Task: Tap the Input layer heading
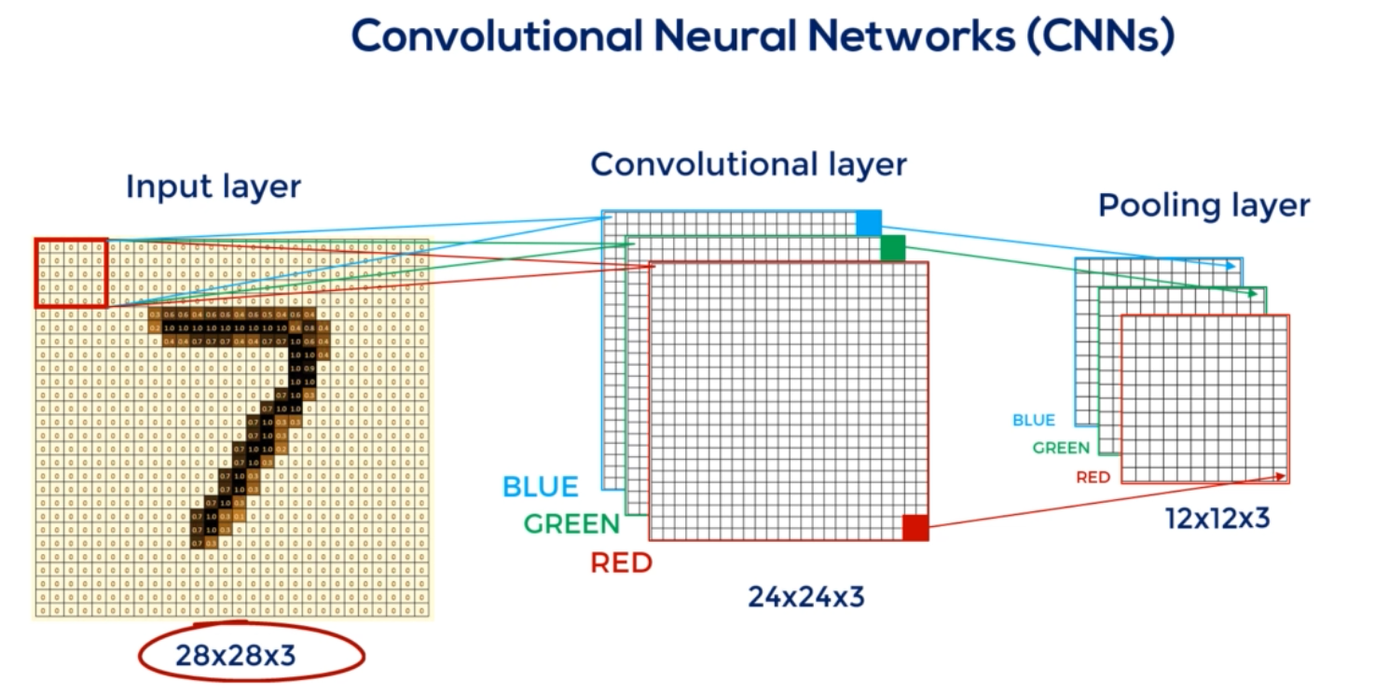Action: [213, 187]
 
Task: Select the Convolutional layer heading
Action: [749, 165]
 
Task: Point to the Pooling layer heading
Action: [1203, 205]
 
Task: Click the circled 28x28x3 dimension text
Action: [235, 657]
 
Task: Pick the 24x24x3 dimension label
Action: [806, 596]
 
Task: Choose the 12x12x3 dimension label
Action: [1217, 519]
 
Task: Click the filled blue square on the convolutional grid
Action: [869, 223]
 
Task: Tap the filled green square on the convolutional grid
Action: [893, 248]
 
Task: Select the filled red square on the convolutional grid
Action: [915, 528]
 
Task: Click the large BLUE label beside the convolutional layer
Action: [541, 487]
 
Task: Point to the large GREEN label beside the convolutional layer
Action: [571, 523]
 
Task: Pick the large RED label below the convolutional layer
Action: [622, 563]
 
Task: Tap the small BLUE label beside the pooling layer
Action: [1034, 421]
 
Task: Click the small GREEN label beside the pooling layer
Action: [1061, 449]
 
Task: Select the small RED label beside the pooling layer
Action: [1093, 478]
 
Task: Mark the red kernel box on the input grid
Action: [72, 272]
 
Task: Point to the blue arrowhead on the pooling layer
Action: [1233, 267]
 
